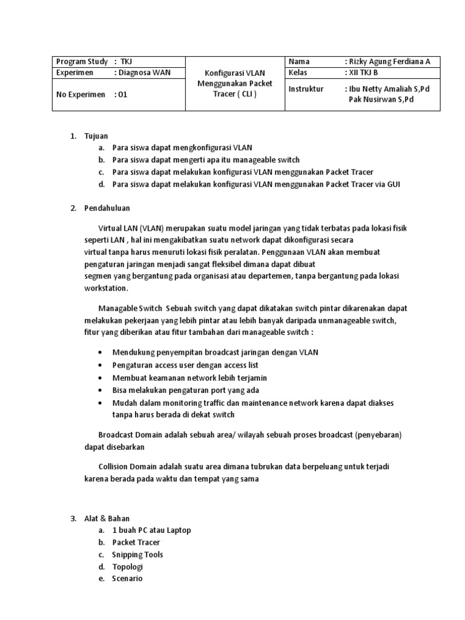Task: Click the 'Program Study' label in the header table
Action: (82, 62)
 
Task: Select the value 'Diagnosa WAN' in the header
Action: (145, 73)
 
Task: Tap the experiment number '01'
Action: (123, 94)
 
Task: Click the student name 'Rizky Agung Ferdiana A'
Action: (390, 62)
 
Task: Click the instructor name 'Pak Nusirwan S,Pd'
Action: (381, 99)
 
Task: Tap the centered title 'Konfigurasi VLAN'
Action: (235, 73)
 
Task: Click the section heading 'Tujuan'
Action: (96, 136)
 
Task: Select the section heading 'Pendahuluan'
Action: (107, 208)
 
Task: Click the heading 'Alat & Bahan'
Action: (107, 518)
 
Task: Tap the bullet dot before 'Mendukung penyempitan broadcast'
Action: (99, 352)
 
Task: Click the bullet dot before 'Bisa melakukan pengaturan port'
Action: (99, 391)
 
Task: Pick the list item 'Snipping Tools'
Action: (137, 555)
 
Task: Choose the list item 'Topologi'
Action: (127, 567)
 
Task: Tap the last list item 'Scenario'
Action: (127, 579)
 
